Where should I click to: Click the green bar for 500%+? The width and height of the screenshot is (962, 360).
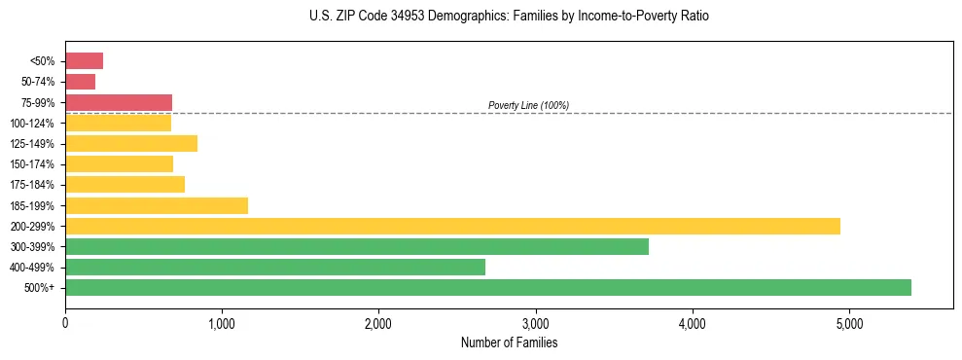click(x=487, y=287)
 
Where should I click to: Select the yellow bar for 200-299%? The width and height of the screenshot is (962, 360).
click(x=452, y=226)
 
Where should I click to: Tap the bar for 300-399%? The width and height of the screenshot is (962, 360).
click(x=356, y=246)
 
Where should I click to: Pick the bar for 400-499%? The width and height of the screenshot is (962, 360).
click(x=274, y=267)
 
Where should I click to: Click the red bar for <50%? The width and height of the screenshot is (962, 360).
click(x=84, y=61)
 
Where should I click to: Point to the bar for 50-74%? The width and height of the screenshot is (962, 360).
click(x=80, y=82)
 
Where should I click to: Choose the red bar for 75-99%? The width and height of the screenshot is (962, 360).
click(x=118, y=102)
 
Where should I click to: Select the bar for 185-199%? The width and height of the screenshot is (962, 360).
click(x=156, y=205)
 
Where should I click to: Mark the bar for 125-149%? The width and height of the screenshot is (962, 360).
click(x=130, y=143)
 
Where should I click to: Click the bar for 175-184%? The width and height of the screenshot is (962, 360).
click(x=125, y=185)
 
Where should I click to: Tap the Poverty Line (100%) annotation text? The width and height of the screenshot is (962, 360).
click(x=528, y=105)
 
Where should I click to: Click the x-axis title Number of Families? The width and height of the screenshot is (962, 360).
click(x=509, y=342)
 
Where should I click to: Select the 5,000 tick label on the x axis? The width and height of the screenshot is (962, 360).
click(x=849, y=322)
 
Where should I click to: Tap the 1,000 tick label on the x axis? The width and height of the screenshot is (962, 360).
click(x=222, y=322)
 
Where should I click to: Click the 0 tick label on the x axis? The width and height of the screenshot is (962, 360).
click(x=65, y=322)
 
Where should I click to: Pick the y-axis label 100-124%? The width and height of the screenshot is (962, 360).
click(x=32, y=124)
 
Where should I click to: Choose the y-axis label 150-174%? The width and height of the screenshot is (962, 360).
click(x=32, y=164)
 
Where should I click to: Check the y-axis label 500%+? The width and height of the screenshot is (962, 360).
click(x=39, y=288)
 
